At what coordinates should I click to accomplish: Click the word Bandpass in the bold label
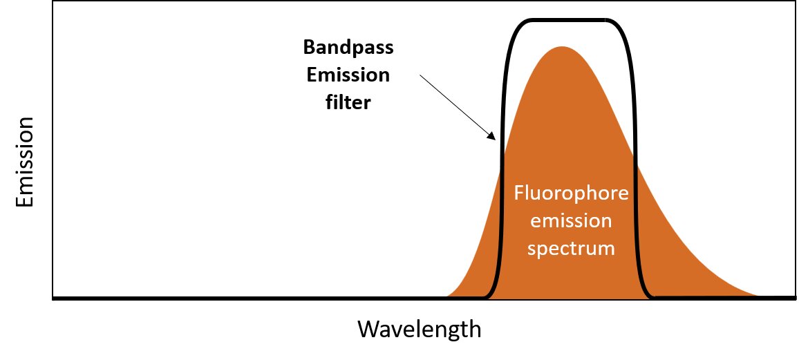pyautogui.click(x=348, y=48)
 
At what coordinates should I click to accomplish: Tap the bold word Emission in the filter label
pyautogui.click(x=348, y=75)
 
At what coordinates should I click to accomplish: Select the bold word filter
pyautogui.click(x=348, y=103)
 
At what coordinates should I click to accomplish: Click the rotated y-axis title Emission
pyautogui.click(x=24, y=162)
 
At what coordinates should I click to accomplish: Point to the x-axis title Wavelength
pyautogui.click(x=419, y=329)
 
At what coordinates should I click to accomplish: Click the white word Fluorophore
pyautogui.click(x=571, y=193)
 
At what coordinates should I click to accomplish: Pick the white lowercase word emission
pyautogui.click(x=571, y=221)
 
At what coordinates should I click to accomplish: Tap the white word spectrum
pyautogui.click(x=571, y=249)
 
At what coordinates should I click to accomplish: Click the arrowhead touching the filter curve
pyautogui.click(x=491, y=135)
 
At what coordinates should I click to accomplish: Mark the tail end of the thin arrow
pyautogui.click(x=420, y=76)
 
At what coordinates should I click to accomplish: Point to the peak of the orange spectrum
pyautogui.click(x=561, y=48)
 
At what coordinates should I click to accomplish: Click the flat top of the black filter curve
pyautogui.click(x=568, y=20)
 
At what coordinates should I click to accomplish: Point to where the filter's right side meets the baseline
pyautogui.click(x=651, y=297)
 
